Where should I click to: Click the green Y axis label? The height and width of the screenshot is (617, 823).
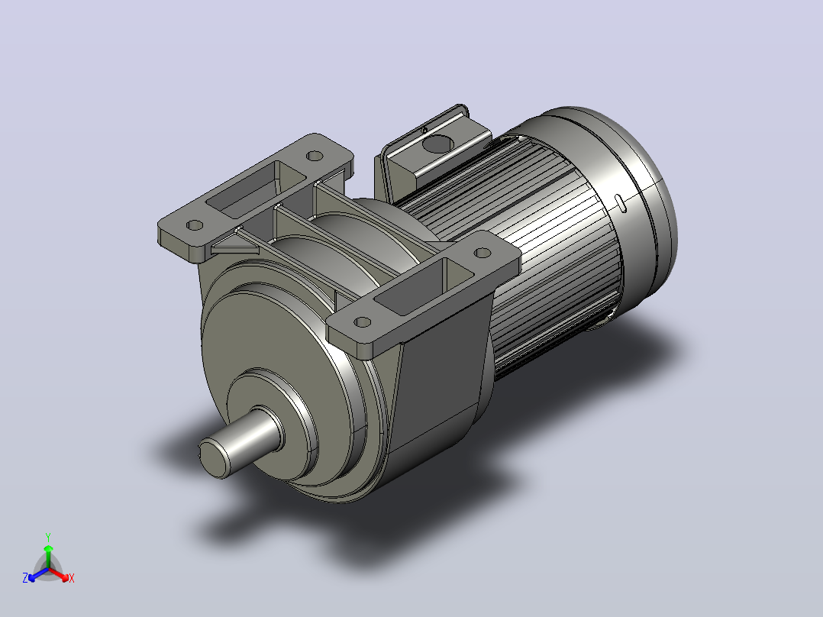click(48, 537)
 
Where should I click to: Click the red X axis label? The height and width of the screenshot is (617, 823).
click(72, 578)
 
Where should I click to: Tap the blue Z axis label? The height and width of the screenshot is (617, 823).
click(25, 577)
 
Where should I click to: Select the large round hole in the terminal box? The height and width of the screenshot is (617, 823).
click(437, 144)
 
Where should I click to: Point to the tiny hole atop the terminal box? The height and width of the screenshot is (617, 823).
click(424, 130)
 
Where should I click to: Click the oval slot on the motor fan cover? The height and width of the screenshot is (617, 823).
click(620, 202)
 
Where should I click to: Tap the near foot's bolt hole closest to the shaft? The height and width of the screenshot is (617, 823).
click(362, 322)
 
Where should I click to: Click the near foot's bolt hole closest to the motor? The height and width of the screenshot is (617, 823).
click(482, 253)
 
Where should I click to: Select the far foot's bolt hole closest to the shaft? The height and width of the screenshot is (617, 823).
click(195, 225)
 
